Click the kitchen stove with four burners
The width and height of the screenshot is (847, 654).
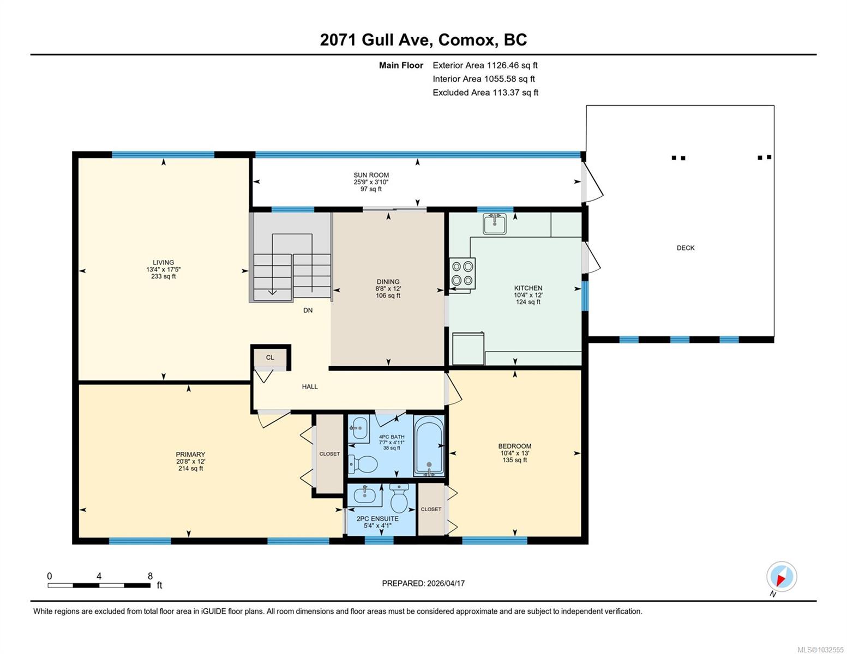coord(462,273)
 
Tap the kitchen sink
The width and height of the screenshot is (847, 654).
coord(495,223)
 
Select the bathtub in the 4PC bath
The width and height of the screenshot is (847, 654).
coord(429,446)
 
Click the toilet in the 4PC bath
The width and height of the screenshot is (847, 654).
coord(363,464)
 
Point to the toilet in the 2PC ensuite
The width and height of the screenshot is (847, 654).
coord(399,498)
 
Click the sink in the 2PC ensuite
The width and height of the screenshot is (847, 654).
coord(365,495)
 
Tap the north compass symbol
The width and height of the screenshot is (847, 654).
coord(781,577)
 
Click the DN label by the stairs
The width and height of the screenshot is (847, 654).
coord(308,311)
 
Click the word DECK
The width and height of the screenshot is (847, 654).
coord(685,248)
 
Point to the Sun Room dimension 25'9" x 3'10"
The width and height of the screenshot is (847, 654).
coord(371,182)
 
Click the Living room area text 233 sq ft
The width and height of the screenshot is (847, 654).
coord(163,276)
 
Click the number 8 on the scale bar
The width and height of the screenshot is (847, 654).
coord(150,576)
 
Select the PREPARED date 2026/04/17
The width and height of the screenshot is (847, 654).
coord(446,584)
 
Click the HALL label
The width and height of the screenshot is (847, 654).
coord(310,387)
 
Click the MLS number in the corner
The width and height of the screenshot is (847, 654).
coord(820,650)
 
